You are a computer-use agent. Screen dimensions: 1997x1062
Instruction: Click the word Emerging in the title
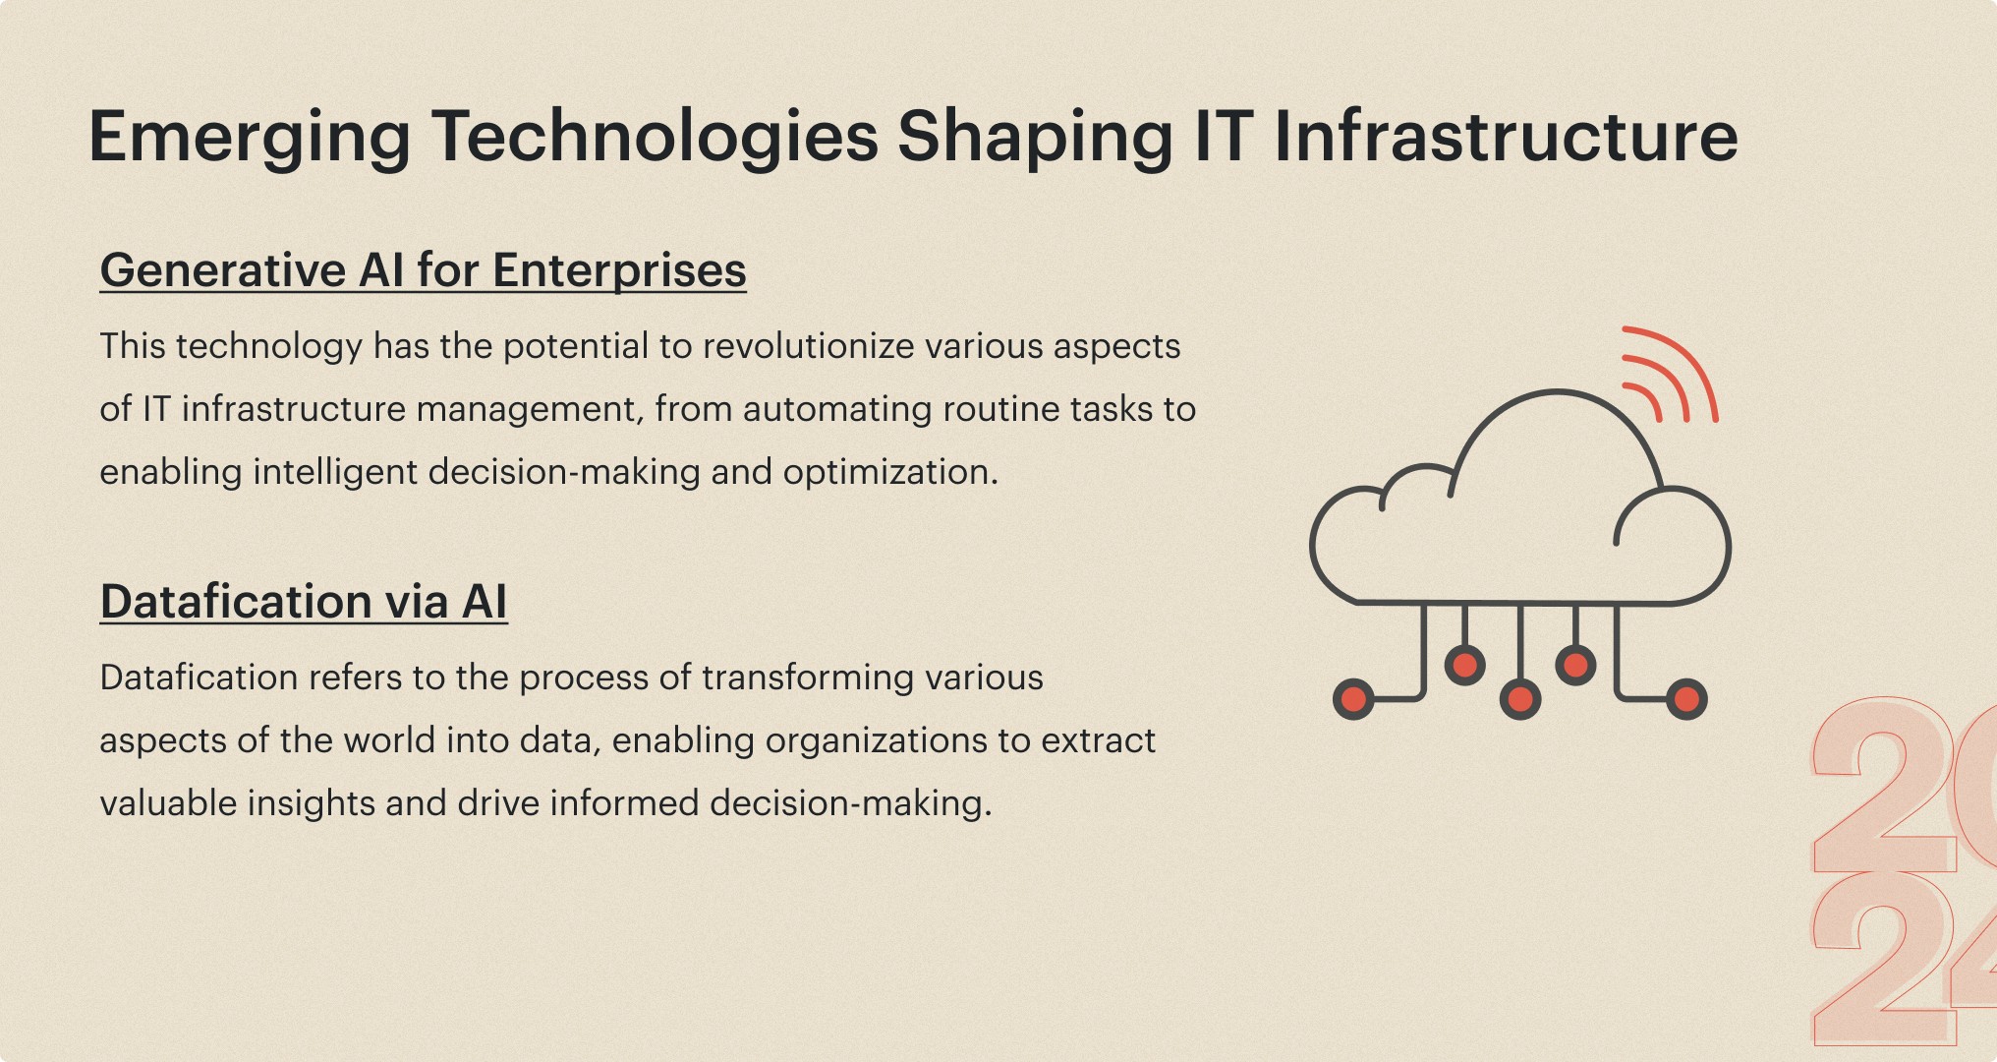coord(250,138)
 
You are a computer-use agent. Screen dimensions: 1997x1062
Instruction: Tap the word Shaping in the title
coord(1035,138)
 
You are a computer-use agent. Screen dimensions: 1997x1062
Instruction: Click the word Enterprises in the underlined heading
coord(619,271)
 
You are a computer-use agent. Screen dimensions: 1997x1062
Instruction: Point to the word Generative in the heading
coord(223,270)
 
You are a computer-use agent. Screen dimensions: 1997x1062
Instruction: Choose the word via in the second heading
coord(417,602)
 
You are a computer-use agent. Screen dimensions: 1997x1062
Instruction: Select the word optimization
coord(890,473)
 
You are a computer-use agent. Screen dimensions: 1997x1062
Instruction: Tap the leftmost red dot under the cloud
coord(1353,699)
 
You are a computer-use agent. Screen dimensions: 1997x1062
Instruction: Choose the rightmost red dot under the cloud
coord(1686,699)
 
